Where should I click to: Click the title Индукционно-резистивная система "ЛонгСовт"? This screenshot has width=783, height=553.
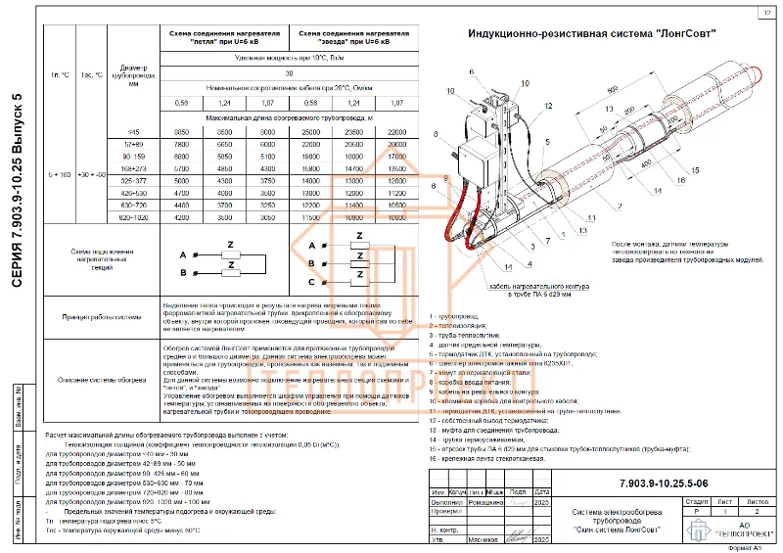point(591,34)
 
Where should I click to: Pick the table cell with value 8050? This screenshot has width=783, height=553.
point(181,131)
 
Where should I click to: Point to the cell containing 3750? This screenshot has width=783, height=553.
point(267,181)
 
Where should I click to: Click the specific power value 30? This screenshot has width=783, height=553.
point(288,73)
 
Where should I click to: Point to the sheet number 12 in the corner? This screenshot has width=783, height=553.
point(763,13)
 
